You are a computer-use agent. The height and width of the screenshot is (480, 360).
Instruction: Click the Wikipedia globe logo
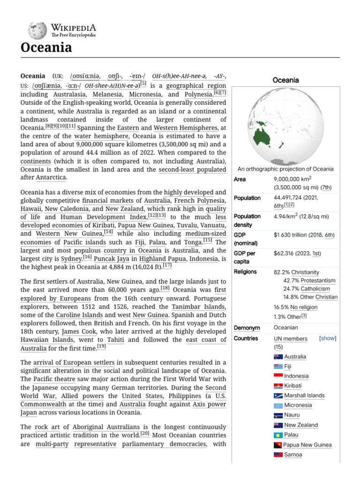click(36, 30)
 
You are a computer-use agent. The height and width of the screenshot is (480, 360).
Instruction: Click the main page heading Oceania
click(46, 48)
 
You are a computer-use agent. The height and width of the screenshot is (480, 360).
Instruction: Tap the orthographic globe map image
click(285, 125)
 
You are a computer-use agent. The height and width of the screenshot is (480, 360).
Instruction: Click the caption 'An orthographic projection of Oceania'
click(285, 169)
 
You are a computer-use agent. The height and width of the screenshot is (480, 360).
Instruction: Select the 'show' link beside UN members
click(328, 338)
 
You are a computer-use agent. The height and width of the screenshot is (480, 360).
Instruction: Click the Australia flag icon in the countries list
click(278, 357)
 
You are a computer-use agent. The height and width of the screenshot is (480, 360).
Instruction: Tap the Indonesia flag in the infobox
click(278, 376)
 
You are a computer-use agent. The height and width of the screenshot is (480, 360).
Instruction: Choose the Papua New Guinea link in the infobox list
click(307, 445)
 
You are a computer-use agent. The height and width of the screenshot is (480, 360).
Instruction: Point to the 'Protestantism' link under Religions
click(315, 280)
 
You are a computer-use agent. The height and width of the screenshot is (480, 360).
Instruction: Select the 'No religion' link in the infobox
click(303, 307)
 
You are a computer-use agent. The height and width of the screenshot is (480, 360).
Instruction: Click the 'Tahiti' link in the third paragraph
click(111, 340)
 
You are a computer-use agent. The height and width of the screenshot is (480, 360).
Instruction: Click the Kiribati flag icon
click(278, 386)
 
